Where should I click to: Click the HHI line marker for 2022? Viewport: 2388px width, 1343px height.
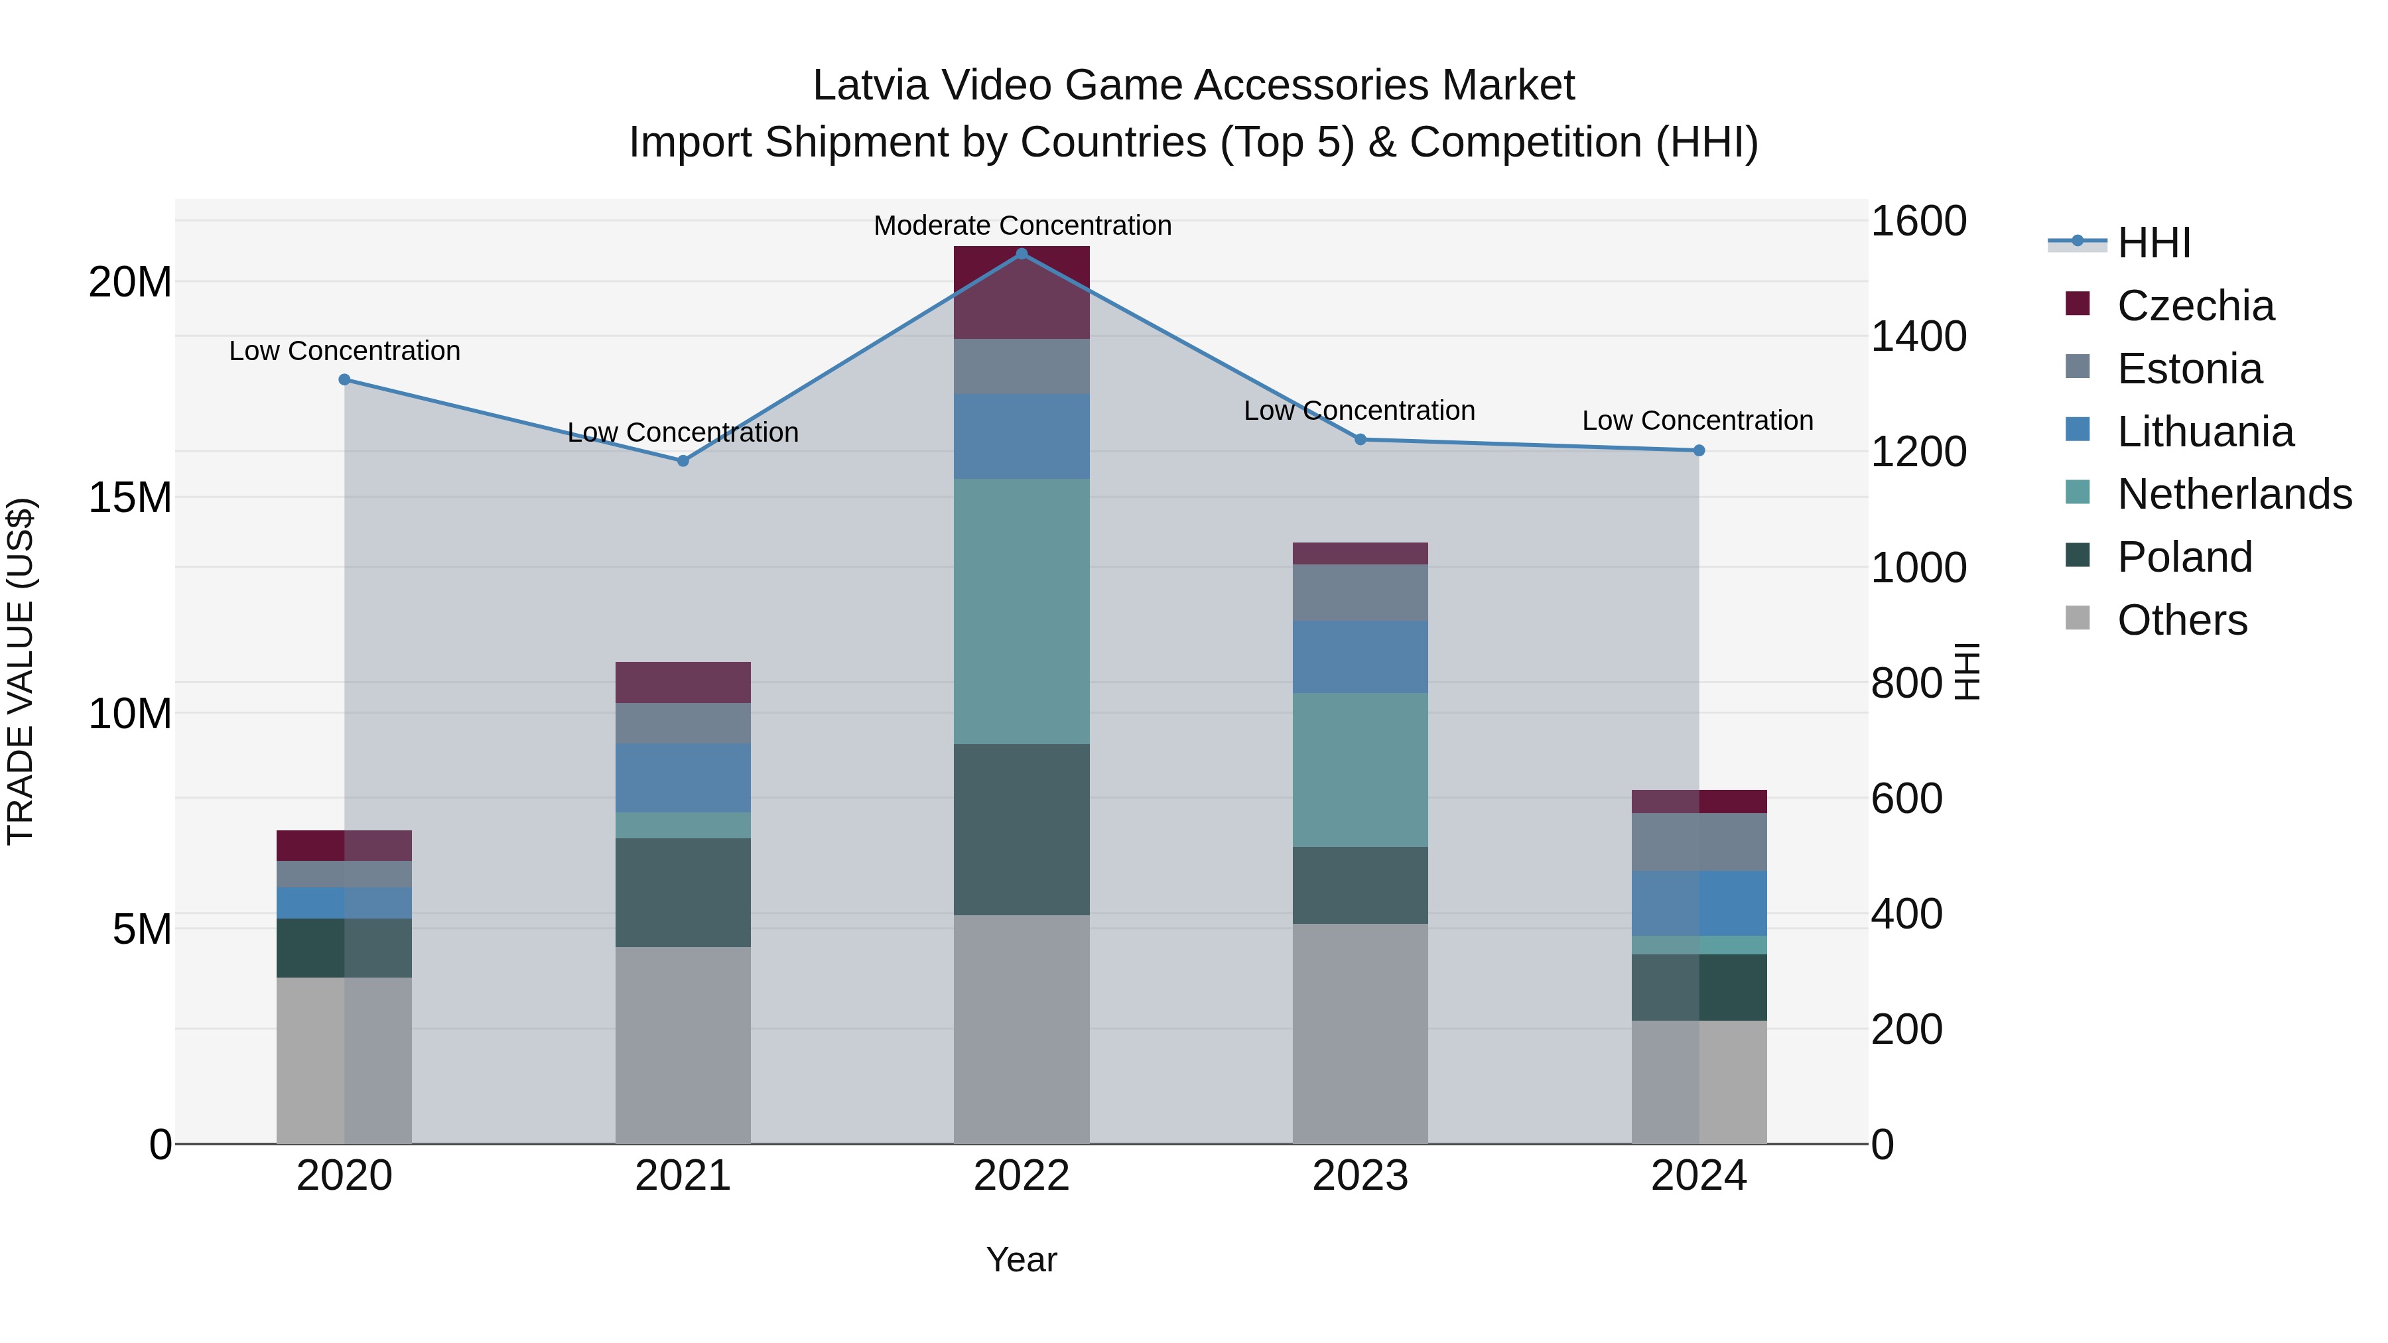pyautogui.click(x=1022, y=254)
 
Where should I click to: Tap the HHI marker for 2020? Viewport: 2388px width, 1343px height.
pyautogui.click(x=345, y=380)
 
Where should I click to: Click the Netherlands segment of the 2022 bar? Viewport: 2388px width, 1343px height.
pyautogui.click(x=1022, y=611)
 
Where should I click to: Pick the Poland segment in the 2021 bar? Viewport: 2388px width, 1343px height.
pyautogui.click(x=683, y=893)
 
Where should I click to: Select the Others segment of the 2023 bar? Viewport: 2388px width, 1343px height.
pyautogui.click(x=1360, y=1033)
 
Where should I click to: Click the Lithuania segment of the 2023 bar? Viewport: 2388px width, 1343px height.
pyautogui.click(x=1360, y=657)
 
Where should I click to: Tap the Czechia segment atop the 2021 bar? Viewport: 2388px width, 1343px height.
pyautogui.click(x=683, y=683)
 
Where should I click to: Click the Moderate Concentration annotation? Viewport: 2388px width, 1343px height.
pyautogui.click(x=1022, y=226)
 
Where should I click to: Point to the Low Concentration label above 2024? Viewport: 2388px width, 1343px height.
pyautogui.click(x=1697, y=420)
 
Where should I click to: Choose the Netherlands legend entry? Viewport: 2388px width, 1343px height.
pyautogui.click(x=2234, y=494)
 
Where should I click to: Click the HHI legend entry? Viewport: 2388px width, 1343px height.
pyautogui.click(x=2153, y=243)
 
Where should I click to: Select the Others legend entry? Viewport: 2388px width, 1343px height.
pyautogui.click(x=2182, y=620)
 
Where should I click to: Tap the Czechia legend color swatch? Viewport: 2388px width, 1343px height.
pyautogui.click(x=2078, y=304)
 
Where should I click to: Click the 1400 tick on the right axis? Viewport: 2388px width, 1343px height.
pyautogui.click(x=1918, y=336)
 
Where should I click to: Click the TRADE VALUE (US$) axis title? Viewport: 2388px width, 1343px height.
pyautogui.click(x=21, y=671)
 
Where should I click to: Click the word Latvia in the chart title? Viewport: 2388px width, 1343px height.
pyautogui.click(x=870, y=86)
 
